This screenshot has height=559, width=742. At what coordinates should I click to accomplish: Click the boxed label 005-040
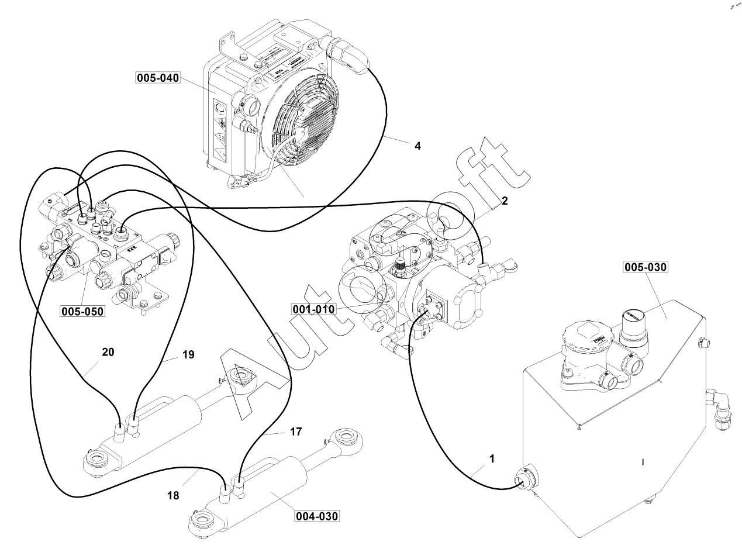tap(158, 78)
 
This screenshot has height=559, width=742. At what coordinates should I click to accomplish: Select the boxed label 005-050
tap(82, 311)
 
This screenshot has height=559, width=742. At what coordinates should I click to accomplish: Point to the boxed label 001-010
tap(315, 309)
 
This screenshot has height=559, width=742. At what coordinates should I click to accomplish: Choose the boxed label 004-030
tap(316, 516)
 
